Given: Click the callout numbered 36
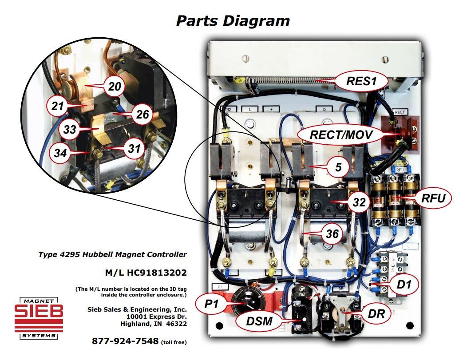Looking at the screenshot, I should point(332,234).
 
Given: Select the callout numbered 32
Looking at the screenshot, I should point(359,202).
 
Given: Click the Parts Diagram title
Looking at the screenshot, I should point(233,20).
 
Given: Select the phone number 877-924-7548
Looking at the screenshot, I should point(125,341).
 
